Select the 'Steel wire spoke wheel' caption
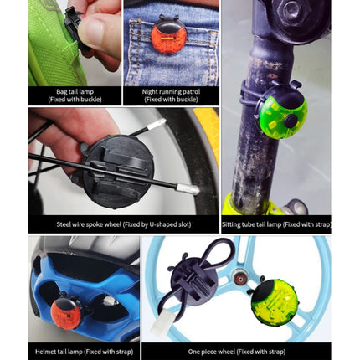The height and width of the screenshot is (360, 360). pos(123,224)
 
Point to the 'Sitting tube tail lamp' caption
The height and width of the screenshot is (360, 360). pos(275,224)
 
